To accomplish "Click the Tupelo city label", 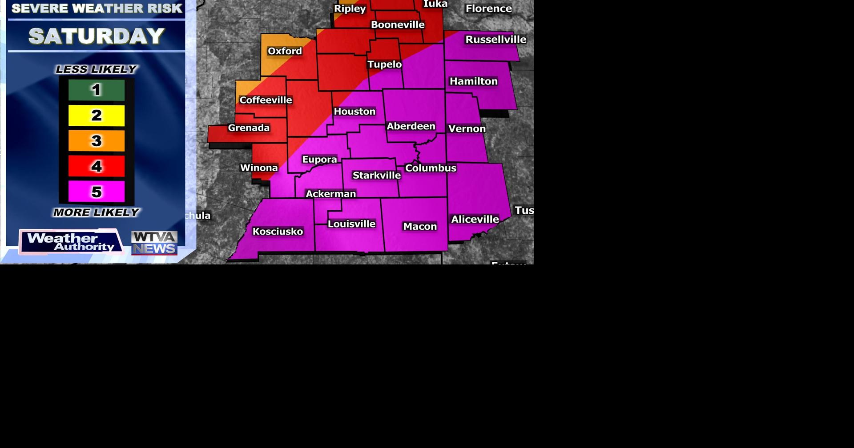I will pyautogui.click(x=384, y=64).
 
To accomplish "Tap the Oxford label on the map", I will pyautogui.click(x=285, y=51).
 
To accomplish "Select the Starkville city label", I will pyautogui.click(x=376, y=175).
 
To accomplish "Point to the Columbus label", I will pyautogui.click(x=431, y=168).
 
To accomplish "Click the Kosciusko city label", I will pyautogui.click(x=278, y=231).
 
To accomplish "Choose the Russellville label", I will pyautogui.click(x=495, y=40).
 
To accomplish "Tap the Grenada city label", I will pyautogui.click(x=249, y=128).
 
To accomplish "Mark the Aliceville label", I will pyautogui.click(x=475, y=219).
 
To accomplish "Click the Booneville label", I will pyautogui.click(x=398, y=25).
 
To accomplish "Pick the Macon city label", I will pyautogui.click(x=420, y=227).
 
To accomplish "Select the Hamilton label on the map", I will pyautogui.click(x=473, y=81).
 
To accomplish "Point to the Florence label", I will pyautogui.click(x=488, y=8).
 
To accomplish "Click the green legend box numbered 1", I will pyautogui.click(x=97, y=90).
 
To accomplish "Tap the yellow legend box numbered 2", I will pyautogui.click(x=97, y=116).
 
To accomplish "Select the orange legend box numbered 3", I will pyautogui.click(x=97, y=141).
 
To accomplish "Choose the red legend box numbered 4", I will pyautogui.click(x=97, y=167).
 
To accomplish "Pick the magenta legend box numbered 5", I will pyautogui.click(x=97, y=192).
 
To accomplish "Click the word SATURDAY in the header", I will pyautogui.click(x=97, y=36).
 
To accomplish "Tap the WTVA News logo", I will pyautogui.click(x=154, y=243).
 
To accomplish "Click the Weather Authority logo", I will pyautogui.click(x=71, y=242).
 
